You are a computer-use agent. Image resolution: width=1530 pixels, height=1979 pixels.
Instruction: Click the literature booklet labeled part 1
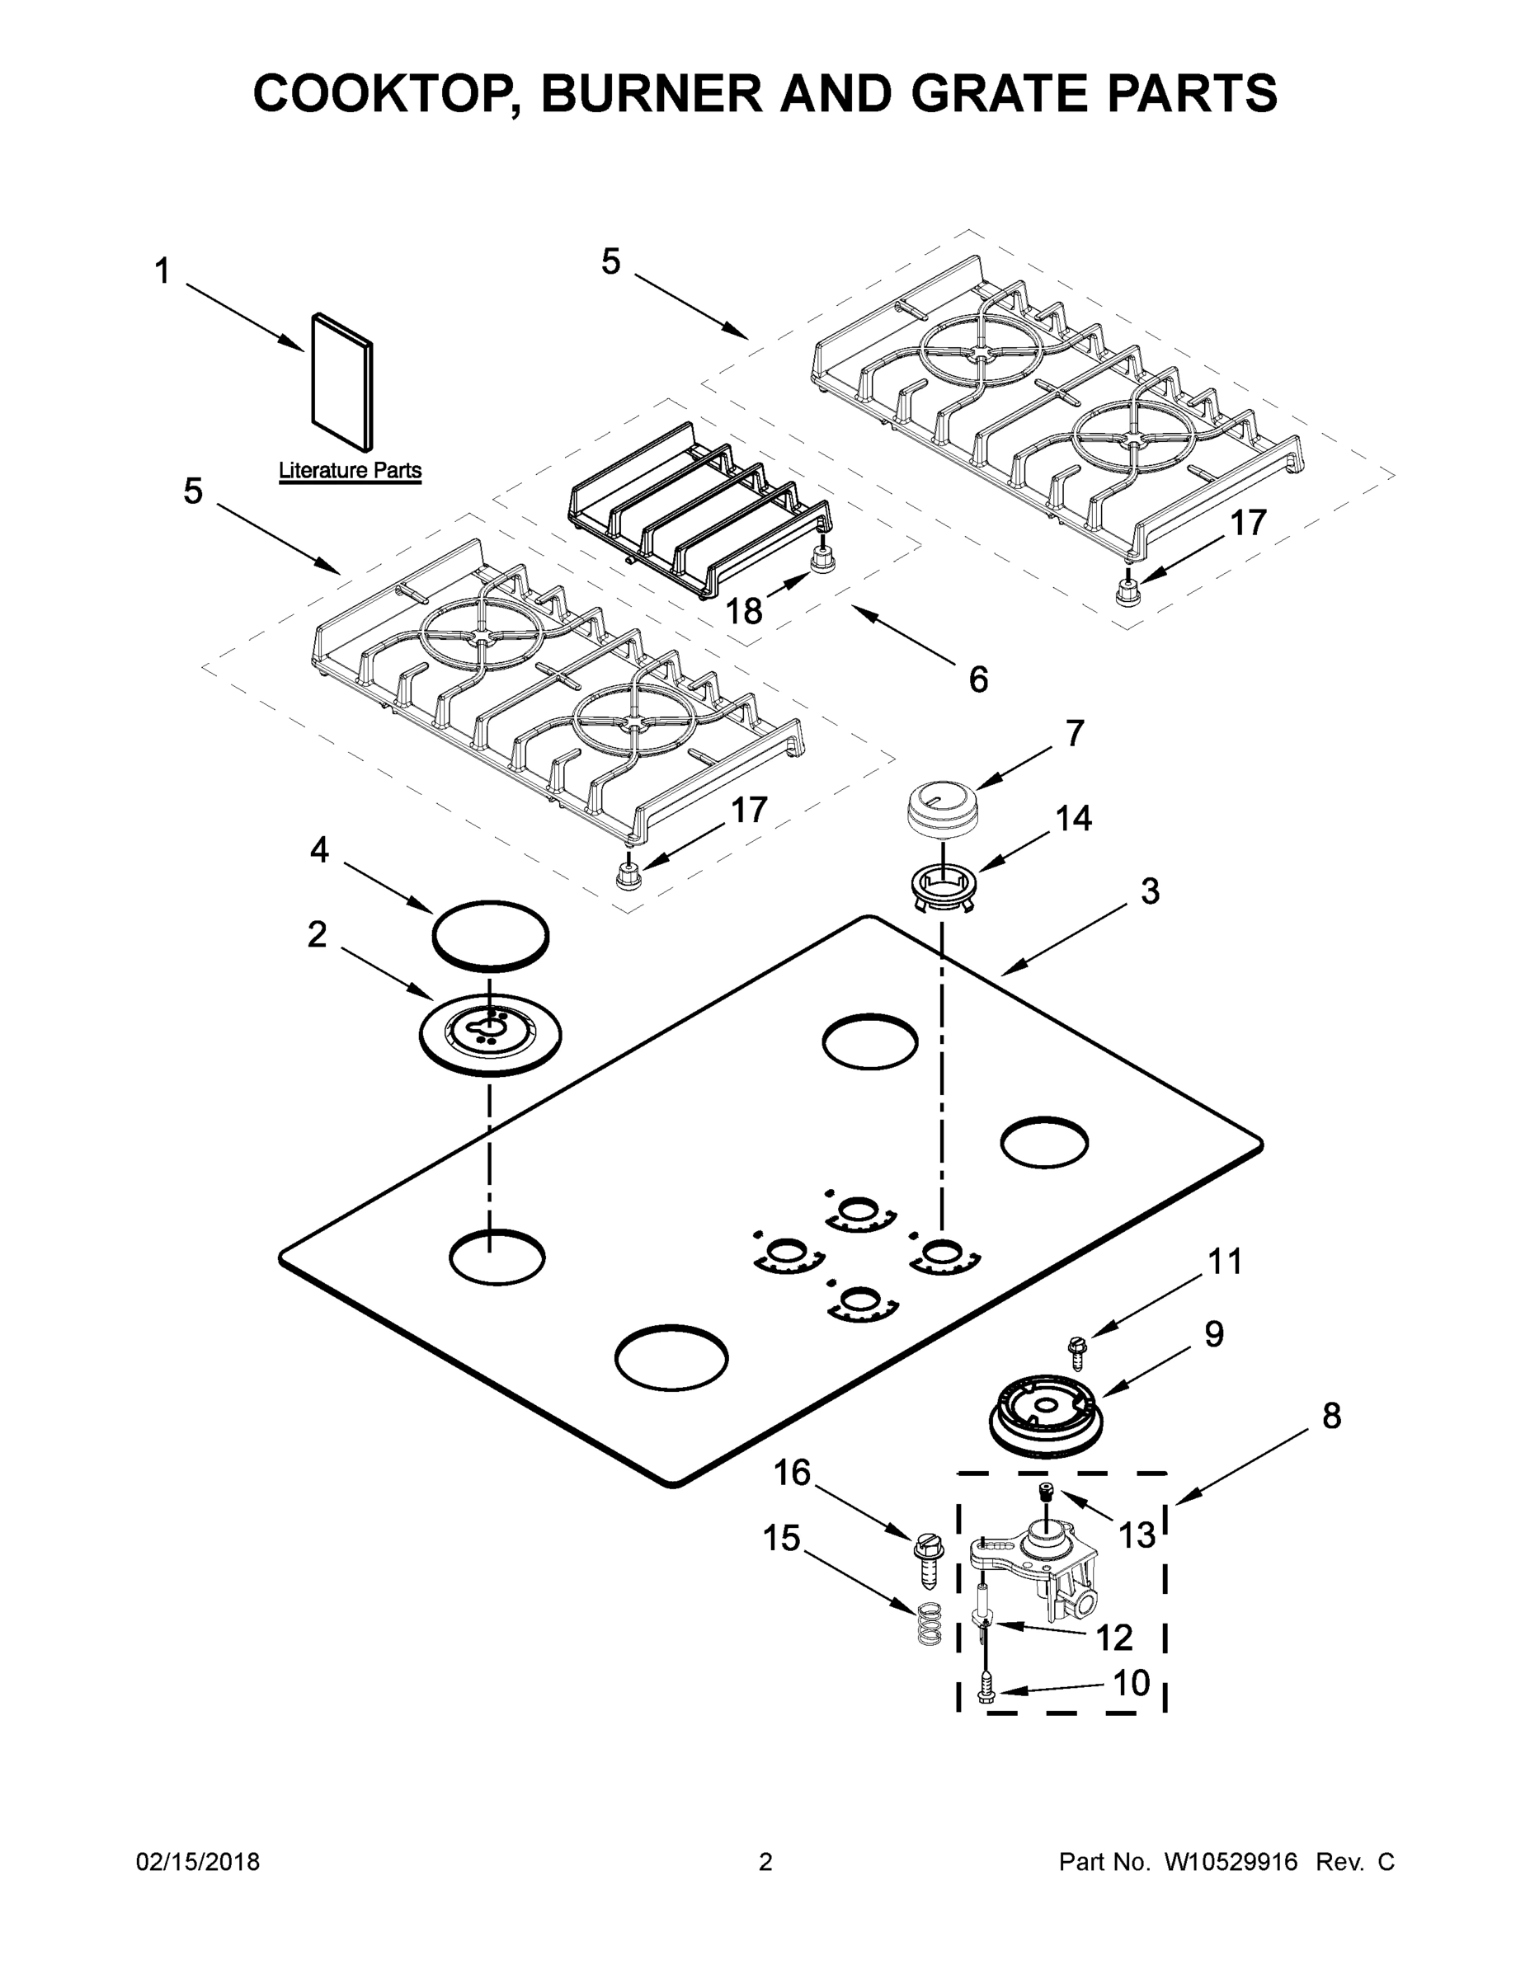click(x=341, y=383)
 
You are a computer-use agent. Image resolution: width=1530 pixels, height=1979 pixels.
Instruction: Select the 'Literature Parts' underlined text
click(x=349, y=470)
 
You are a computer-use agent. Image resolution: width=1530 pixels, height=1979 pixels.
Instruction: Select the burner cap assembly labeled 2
click(x=489, y=1034)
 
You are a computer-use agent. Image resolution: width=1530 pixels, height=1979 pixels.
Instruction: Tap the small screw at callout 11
click(x=1078, y=1353)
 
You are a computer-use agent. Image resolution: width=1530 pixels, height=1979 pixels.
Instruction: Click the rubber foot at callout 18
click(x=821, y=561)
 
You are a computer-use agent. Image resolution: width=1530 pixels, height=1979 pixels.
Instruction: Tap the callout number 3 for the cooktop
click(x=1149, y=891)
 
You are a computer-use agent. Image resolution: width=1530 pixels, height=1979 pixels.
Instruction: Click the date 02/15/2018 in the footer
click(x=198, y=1862)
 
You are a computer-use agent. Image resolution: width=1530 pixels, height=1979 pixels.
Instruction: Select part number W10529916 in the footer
click(x=1231, y=1862)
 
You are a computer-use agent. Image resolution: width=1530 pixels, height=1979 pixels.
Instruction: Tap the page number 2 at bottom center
click(x=765, y=1862)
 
